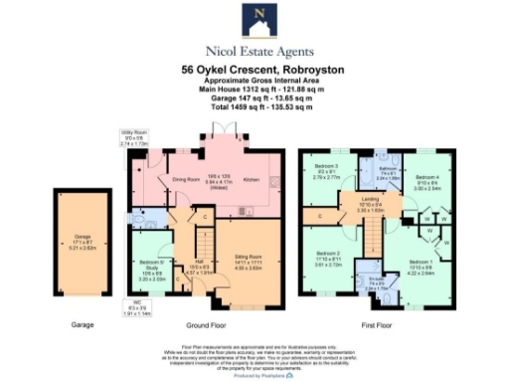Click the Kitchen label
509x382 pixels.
click(252, 180)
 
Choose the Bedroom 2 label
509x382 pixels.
click(327, 255)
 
